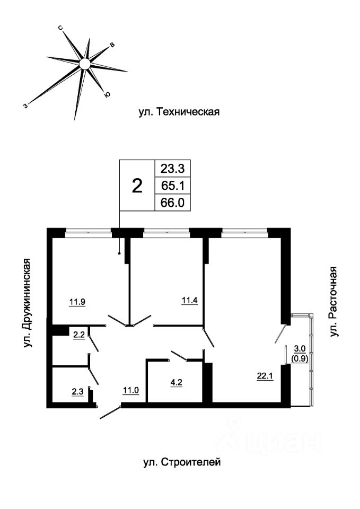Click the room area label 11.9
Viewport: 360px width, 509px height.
click(77, 302)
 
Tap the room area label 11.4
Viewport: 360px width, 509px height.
click(190, 300)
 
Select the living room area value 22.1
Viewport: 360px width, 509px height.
click(266, 376)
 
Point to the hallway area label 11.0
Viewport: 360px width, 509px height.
click(131, 390)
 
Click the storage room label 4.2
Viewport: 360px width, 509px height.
click(176, 382)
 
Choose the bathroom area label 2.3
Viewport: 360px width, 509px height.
click(77, 392)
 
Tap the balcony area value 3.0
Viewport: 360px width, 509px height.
click(300, 349)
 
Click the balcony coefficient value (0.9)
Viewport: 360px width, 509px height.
click(300, 358)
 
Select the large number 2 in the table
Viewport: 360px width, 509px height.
click(138, 186)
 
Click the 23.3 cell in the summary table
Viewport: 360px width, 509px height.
click(172, 169)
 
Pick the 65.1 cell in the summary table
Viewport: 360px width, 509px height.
click(172, 186)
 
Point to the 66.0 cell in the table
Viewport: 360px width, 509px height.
click(172, 203)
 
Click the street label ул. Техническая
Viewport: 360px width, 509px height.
click(179, 112)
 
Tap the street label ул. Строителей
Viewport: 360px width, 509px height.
click(182, 462)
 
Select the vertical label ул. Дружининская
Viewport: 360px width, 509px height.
click(28, 303)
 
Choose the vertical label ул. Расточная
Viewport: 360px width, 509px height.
click(333, 302)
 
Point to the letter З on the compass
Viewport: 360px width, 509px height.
click(25, 106)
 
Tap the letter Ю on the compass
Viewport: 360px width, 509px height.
click(107, 94)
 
